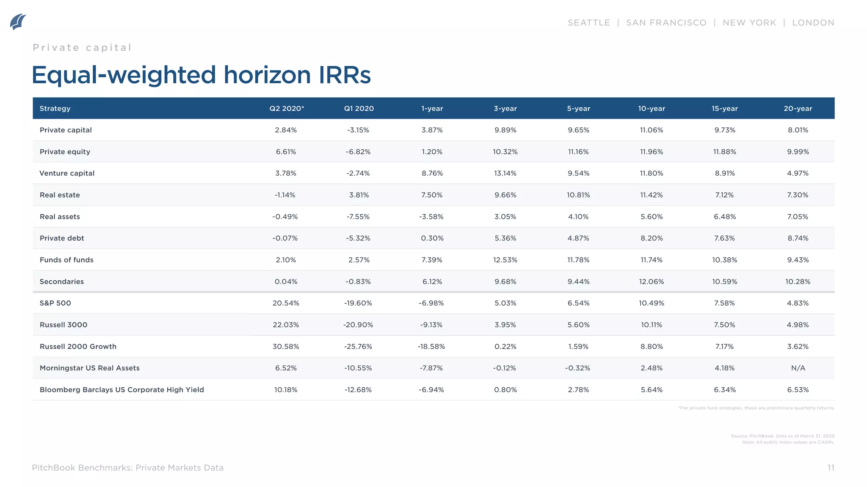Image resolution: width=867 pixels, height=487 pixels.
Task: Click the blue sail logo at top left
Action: (x=18, y=22)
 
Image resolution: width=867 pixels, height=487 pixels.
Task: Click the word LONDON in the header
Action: (x=813, y=23)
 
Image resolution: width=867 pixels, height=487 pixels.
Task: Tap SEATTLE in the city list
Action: (x=588, y=23)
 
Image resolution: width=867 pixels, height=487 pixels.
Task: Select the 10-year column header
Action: (x=651, y=109)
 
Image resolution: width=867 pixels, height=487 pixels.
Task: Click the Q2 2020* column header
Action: (x=287, y=109)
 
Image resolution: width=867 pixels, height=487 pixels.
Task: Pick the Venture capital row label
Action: (x=67, y=173)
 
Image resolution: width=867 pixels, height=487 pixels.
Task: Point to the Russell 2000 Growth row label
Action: (x=78, y=347)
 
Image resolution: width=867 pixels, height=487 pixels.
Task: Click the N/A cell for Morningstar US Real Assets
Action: (x=798, y=368)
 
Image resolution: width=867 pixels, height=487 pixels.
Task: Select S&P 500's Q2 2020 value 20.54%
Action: (x=286, y=303)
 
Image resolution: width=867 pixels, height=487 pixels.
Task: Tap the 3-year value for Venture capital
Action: (x=505, y=173)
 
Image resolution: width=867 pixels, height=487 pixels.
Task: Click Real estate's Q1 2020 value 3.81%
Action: (x=359, y=195)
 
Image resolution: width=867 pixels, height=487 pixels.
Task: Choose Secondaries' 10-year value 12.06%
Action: (x=651, y=282)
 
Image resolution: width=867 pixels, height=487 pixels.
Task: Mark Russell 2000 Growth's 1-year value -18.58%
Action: (x=431, y=347)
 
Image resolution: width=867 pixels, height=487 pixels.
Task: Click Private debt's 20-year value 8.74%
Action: (x=798, y=238)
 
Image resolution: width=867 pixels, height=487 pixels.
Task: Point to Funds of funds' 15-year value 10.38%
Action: (x=724, y=260)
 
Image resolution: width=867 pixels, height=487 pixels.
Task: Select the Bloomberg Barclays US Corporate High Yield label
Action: (x=121, y=390)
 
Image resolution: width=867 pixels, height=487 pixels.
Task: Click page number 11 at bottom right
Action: (x=831, y=468)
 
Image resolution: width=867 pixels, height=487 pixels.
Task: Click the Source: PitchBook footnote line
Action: (x=782, y=436)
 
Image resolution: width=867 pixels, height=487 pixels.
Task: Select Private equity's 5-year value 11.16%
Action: (x=578, y=152)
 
